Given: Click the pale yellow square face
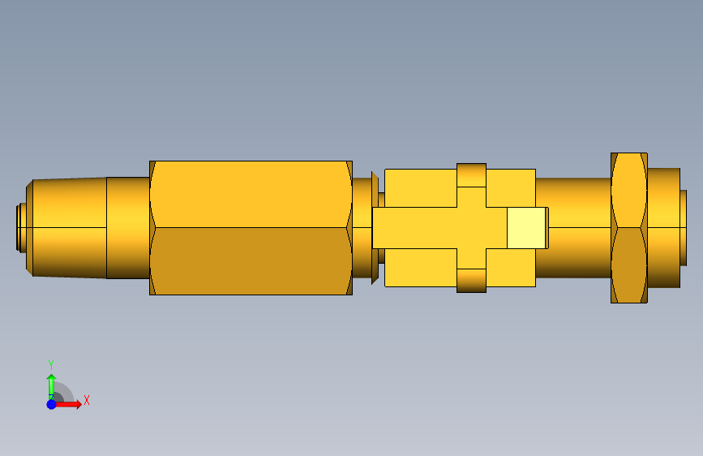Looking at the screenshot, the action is click(526, 227).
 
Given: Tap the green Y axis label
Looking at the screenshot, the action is click(51, 365).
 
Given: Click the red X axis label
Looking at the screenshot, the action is click(87, 400).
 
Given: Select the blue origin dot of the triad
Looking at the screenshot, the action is click(52, 404).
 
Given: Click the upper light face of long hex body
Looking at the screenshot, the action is click(251, 194).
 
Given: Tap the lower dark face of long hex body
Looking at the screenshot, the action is click(251, 261).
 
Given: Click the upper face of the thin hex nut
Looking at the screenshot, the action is click(629, 190).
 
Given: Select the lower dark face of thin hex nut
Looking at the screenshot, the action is click(629, 265).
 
